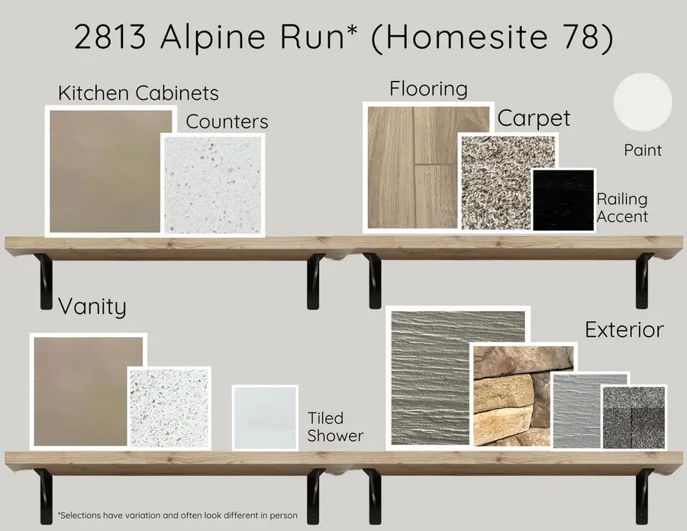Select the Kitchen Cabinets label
tap(138, 93)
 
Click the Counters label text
tap(227, 121)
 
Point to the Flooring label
tap(428, 89)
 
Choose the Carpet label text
tap(534, 118)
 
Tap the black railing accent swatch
tap(563, 199)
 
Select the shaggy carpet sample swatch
tap(494, 183)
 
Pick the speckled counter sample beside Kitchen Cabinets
tap(213, 184)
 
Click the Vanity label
tap(92, 307)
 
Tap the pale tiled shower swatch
tap(264, 417)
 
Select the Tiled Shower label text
tap(335, 427)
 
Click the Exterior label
tap(624, 331)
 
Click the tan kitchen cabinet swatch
tap(111, 170)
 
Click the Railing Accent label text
tap(622, 208)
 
